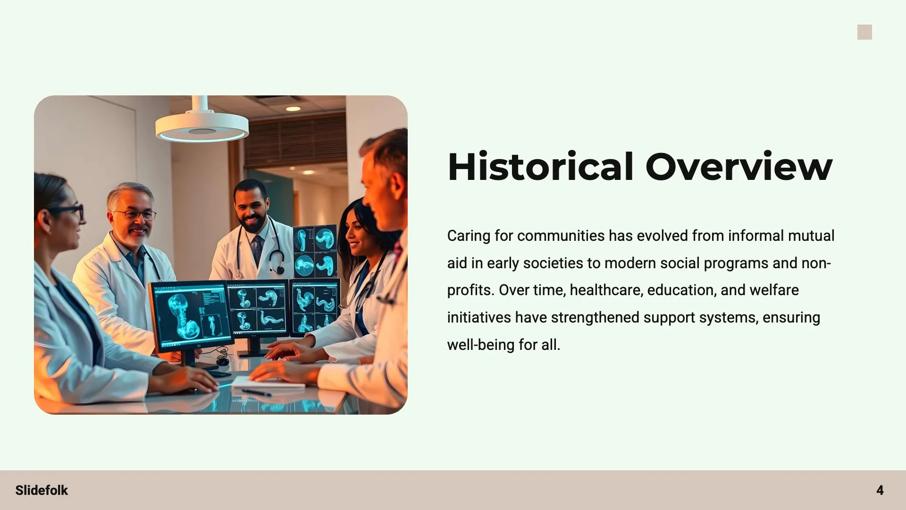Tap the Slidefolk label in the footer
pyautogui.click(x=42, y=490)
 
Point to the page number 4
pyautogui.click(x=880, y=490)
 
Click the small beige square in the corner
pyautogui.click(x=864, y=32)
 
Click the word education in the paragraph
pyautogui.click(x=682, y=290)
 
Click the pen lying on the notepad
pyautogui.click(x=257, y=392)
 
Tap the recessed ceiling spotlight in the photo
pyautogui.click(x=293, y=109)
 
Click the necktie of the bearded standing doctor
pyautogui.click(x=258, y=250)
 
